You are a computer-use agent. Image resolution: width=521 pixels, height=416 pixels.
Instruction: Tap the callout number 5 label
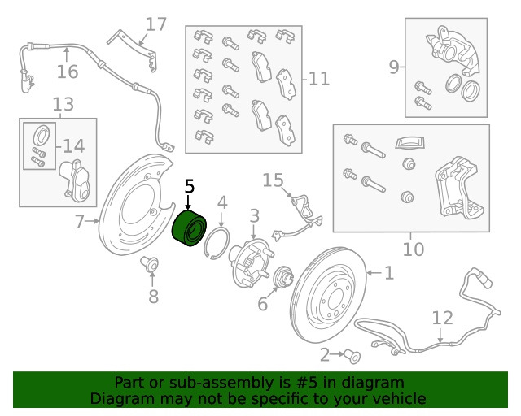(x=189, y=187)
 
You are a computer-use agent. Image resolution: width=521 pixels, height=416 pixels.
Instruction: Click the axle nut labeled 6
(x=285, y=278)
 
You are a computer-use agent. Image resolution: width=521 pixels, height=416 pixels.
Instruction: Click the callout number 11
(x=318, y=79)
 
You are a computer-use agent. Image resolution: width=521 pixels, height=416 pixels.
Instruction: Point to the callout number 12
(x=441, y=317)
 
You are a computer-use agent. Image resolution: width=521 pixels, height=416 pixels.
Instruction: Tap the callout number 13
(x=62, y=104)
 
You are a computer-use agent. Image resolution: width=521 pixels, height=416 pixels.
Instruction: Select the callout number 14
(x=73, y=146)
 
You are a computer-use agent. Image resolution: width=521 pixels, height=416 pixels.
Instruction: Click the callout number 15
(x=272, y=180)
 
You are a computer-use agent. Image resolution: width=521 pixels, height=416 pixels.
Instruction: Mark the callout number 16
(x=68, y=72)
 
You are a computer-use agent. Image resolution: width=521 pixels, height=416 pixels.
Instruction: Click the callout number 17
(x=155, y=24)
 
